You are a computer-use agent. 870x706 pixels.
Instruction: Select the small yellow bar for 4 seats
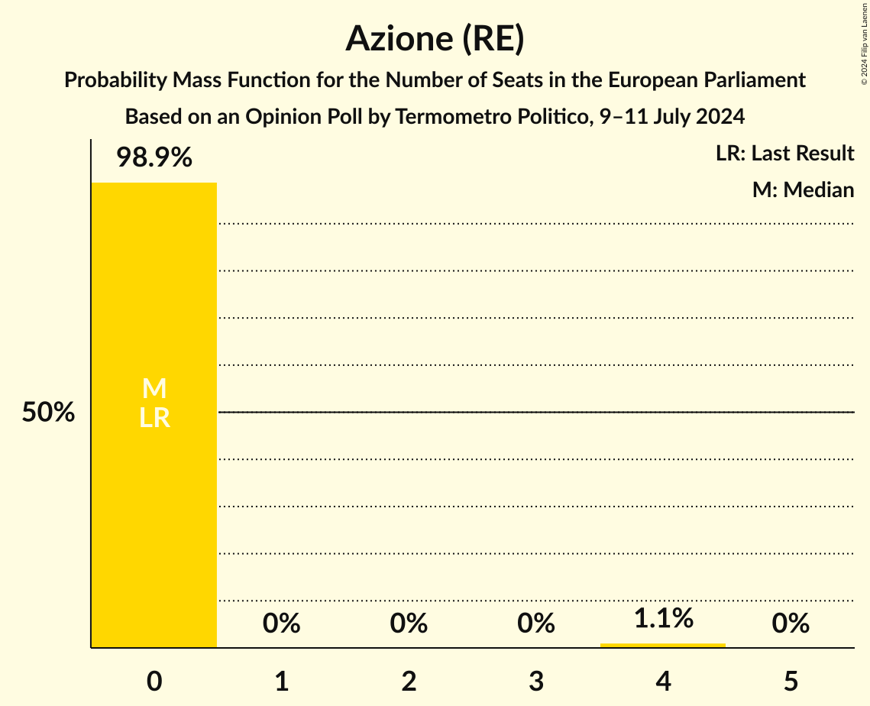click(x=663, y=646)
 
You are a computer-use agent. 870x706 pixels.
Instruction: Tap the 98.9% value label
click(x=154, y=158)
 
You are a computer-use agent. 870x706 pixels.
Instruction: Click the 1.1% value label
click(x=663, y=618)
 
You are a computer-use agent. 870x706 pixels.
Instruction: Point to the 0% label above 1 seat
click(x=281, y=624)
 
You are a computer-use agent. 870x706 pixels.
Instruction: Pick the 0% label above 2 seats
click(x=409, y=624)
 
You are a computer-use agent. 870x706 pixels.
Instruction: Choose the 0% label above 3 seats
click(x=535, y=624)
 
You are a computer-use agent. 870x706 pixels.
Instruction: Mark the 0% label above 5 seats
click(x=790, y=624)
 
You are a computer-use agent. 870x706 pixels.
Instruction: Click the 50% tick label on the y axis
click(x=48, y=413)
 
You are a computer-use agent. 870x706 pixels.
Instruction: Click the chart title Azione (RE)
click(x=435, y=39)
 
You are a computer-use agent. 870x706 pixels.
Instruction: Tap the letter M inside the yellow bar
click(x=154, y=389)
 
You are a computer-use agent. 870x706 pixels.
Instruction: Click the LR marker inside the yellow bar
click(x=154, y=418)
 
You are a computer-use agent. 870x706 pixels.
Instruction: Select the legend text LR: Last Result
click(x=784, y=154)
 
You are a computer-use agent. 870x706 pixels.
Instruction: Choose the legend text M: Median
click(x=803, y=189)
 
